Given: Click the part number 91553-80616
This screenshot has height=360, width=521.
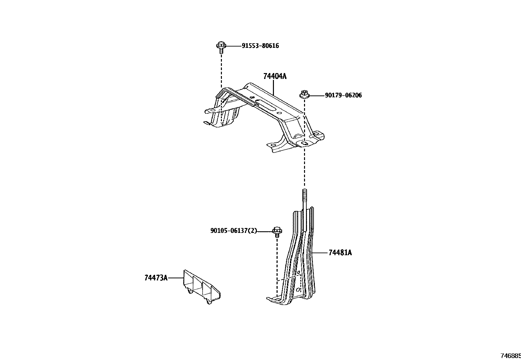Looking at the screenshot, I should pos(260,46).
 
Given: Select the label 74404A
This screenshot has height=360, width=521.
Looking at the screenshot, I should pos(275,76).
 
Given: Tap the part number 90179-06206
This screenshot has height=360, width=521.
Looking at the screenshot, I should pos(343,95).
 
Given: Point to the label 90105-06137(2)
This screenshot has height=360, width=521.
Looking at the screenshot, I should pos(233,231).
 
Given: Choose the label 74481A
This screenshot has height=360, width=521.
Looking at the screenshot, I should pos(340,253).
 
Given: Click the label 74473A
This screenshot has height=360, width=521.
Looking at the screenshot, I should pos(156,278).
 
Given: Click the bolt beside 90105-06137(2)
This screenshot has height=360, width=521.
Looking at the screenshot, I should pos(277,231).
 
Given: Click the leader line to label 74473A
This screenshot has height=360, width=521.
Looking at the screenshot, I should pos(175,278).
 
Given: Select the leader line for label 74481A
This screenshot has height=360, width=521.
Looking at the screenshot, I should pos(320,253).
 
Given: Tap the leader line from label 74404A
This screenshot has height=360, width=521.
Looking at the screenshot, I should pos(273,87).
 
